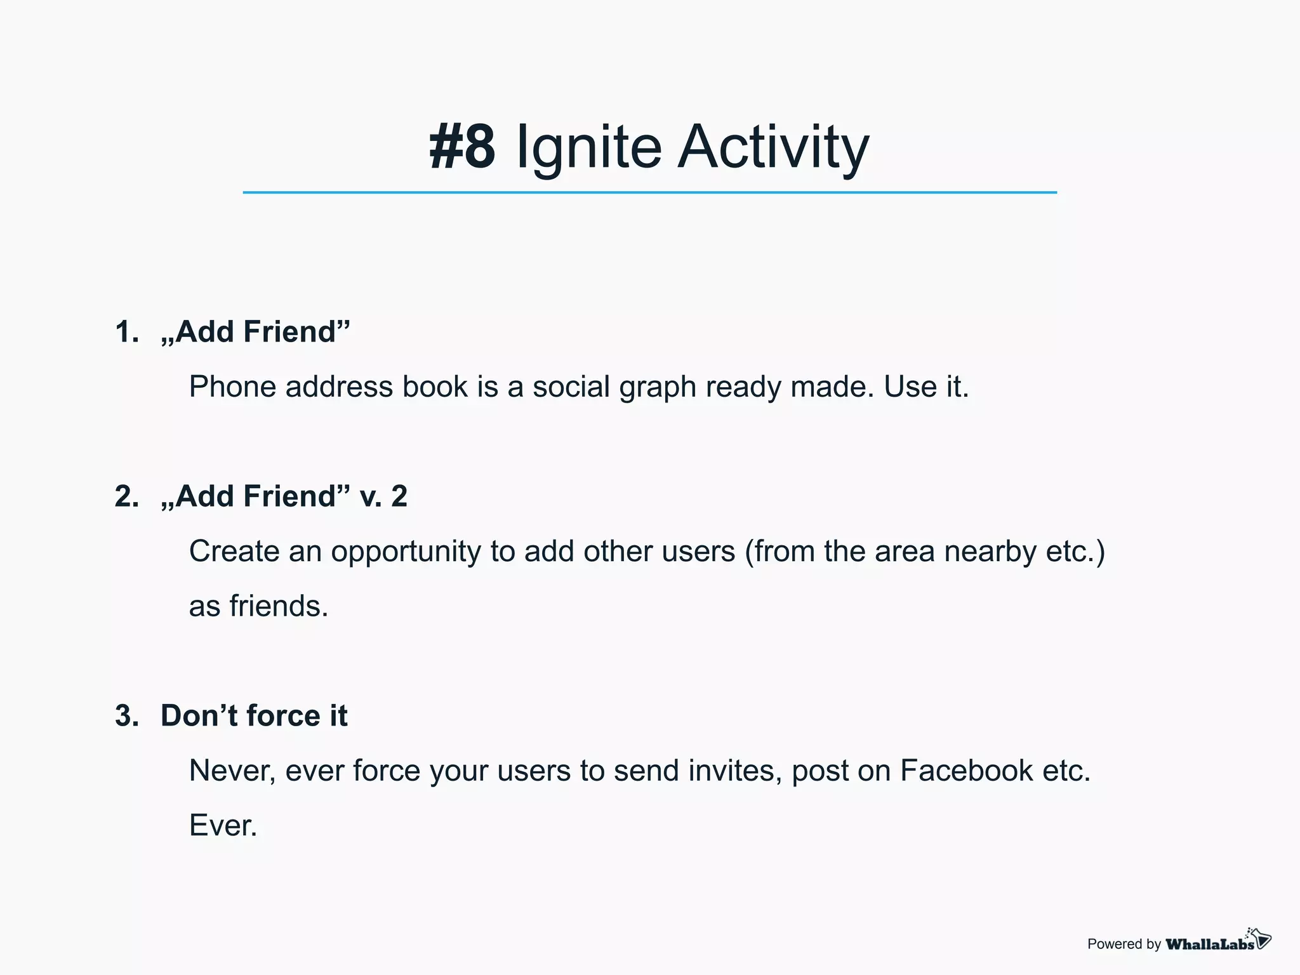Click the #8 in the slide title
(462, 147)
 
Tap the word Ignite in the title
(589, 147)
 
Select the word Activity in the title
(773, 147)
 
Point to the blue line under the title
(649, 192)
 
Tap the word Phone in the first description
(232, 387)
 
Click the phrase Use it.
(926, 387)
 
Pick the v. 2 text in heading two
(383, 496)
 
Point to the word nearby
(990, 552)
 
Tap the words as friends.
(258, 606)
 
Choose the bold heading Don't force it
(254, 716)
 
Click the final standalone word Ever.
(223, 826)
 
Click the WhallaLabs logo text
(1209, 945)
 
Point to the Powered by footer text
(1124, 945)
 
